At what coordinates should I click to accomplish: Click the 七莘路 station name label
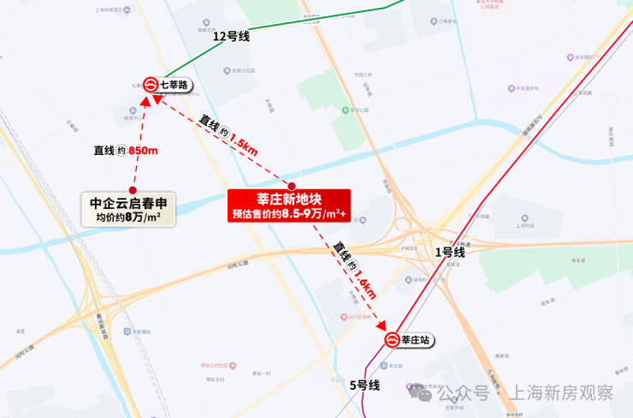(173, 85)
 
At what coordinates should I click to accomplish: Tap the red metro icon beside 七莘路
(151, 85)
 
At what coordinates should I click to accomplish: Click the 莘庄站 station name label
(416, 340)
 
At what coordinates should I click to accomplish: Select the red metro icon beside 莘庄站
(393, 340)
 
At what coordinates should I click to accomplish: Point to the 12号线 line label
(231, 36)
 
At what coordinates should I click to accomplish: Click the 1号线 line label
(449, 252)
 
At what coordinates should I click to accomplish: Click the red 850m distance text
(143, 151)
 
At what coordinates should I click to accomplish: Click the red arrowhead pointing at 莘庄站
(382, 326)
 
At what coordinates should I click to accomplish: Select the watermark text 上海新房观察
(562, 393)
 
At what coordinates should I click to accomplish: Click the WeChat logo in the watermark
(422, 393)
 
